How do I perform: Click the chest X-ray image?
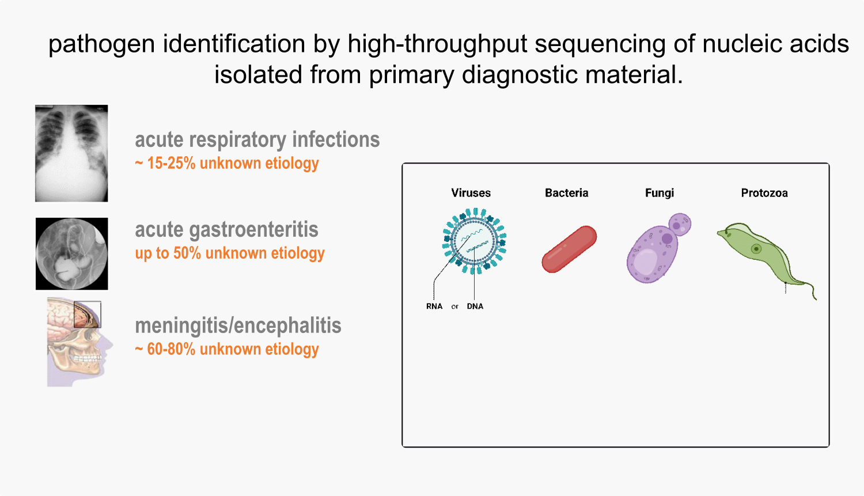click(x=71, y=153)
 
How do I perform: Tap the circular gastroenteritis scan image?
click(x=71, y=253)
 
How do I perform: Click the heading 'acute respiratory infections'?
click(x=257, y=140)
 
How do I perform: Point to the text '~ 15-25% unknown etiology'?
click(x=227, y=164)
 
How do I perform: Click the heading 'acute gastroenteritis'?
click(x=226, y=230)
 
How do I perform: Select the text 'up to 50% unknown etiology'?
click(x=230, y=253)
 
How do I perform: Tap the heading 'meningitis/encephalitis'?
click(x=238, y=326)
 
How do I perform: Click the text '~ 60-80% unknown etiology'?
click(x=227, y=350)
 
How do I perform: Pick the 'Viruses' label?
click(x=471, y=193)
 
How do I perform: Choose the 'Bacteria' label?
click(x=566, y=193)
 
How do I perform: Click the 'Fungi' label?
click(x=659, y=193)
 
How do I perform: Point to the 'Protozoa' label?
click(x=764, y=193)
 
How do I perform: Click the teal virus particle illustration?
click(x=474, y=241)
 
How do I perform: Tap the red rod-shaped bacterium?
click(x=569, y=249)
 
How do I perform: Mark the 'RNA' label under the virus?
click(x=434, y=306)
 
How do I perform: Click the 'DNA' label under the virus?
click(x=475, y=306)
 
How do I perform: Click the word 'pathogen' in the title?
click(x=101, y=44)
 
